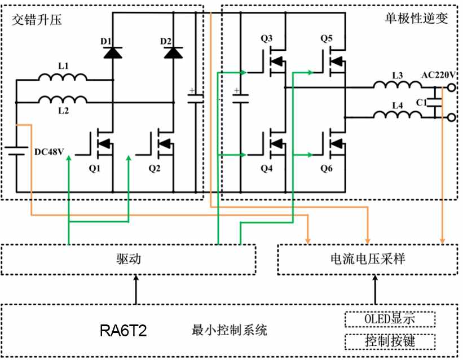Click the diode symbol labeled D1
pos(113,52)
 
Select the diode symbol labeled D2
pos(173,52)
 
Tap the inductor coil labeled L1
pos(63,77)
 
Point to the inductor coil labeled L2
pos(63,100)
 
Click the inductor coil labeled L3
pos(398,85)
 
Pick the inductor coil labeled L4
pos(398,115)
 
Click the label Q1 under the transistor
pos(95,169)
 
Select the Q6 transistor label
pos(327,169)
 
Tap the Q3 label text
pos(267,38)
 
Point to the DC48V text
pos(49,152)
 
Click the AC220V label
pos(438,75)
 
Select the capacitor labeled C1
pos(435,102)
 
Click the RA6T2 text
pos(123,331)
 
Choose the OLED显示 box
pos(390,319)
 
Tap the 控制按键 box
pos(390,341)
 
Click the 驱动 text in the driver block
pos(129,259)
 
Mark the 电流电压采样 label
pos(368,259)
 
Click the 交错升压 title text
pos(37,20)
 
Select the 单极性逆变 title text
pos(417,18)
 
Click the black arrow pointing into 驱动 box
pos(136,289)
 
